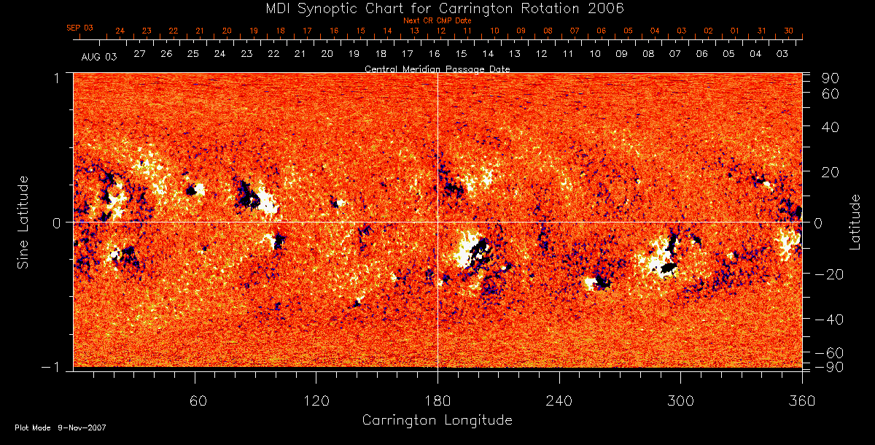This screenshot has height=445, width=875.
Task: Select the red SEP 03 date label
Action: click(x=80, y=28)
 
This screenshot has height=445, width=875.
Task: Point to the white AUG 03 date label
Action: click(x=99, y=55)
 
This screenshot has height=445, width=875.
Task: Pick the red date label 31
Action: click(x=761, y=31)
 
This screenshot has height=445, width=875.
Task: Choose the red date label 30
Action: click(x=788, y=31)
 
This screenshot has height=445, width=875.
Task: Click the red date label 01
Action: click(x=734, y=31)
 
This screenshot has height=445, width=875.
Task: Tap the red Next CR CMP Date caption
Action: click(x=437, y=20)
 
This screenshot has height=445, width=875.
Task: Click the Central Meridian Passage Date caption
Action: click(x=437, y=69)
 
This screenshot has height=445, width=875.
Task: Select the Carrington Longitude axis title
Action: click(x=437, y=420)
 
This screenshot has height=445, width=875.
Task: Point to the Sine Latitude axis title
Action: click(x=24, y=221)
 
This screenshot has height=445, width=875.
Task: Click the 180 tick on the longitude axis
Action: click(x=437, y=400)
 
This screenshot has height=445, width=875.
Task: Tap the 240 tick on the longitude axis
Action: click(x=559, y=400)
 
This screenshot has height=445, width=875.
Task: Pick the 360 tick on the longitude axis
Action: click(x=802, y=400)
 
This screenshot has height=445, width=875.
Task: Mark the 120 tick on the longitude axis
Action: click(x=316, y=400)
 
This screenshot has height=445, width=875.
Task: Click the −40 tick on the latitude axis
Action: click(x=828, y=320)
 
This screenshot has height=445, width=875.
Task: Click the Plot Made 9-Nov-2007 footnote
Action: click(x=61, y=427)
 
